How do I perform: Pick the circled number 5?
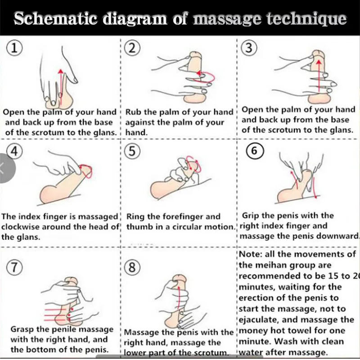pyautogui.click(x=132, y=151)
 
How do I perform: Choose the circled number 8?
pyautogui.click(x=132, y=268)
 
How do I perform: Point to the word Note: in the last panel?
pyautogui.click(x=253, y=254)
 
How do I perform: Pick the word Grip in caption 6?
pyautogui.click(x=252, y=216)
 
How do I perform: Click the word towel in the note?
pyautogui.click(x=311, y=330)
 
